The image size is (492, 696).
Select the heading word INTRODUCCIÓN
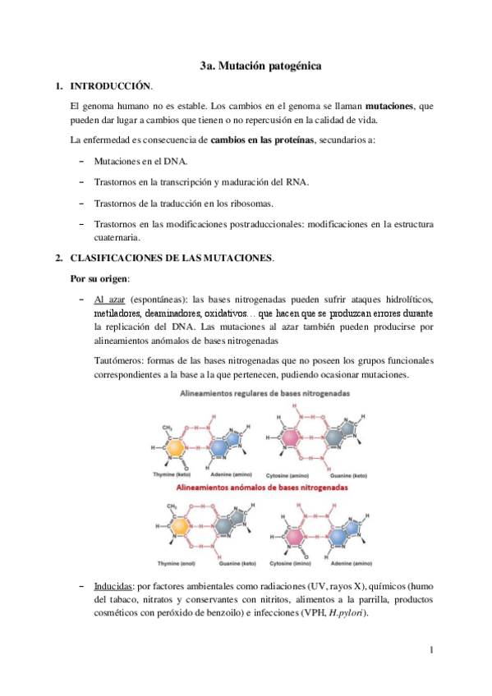111,85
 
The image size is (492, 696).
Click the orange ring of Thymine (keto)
177,447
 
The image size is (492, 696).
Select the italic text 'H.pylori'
347,615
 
